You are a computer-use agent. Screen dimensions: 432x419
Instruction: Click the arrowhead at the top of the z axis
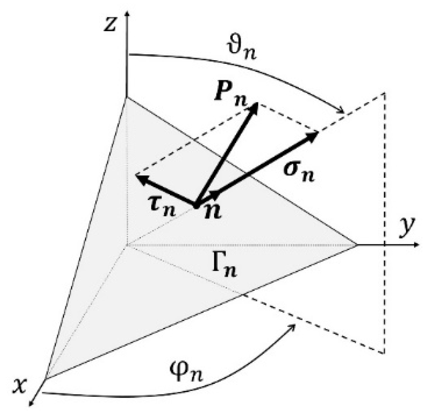(126, 14)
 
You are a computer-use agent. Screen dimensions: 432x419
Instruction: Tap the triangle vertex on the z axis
(127, 97)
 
